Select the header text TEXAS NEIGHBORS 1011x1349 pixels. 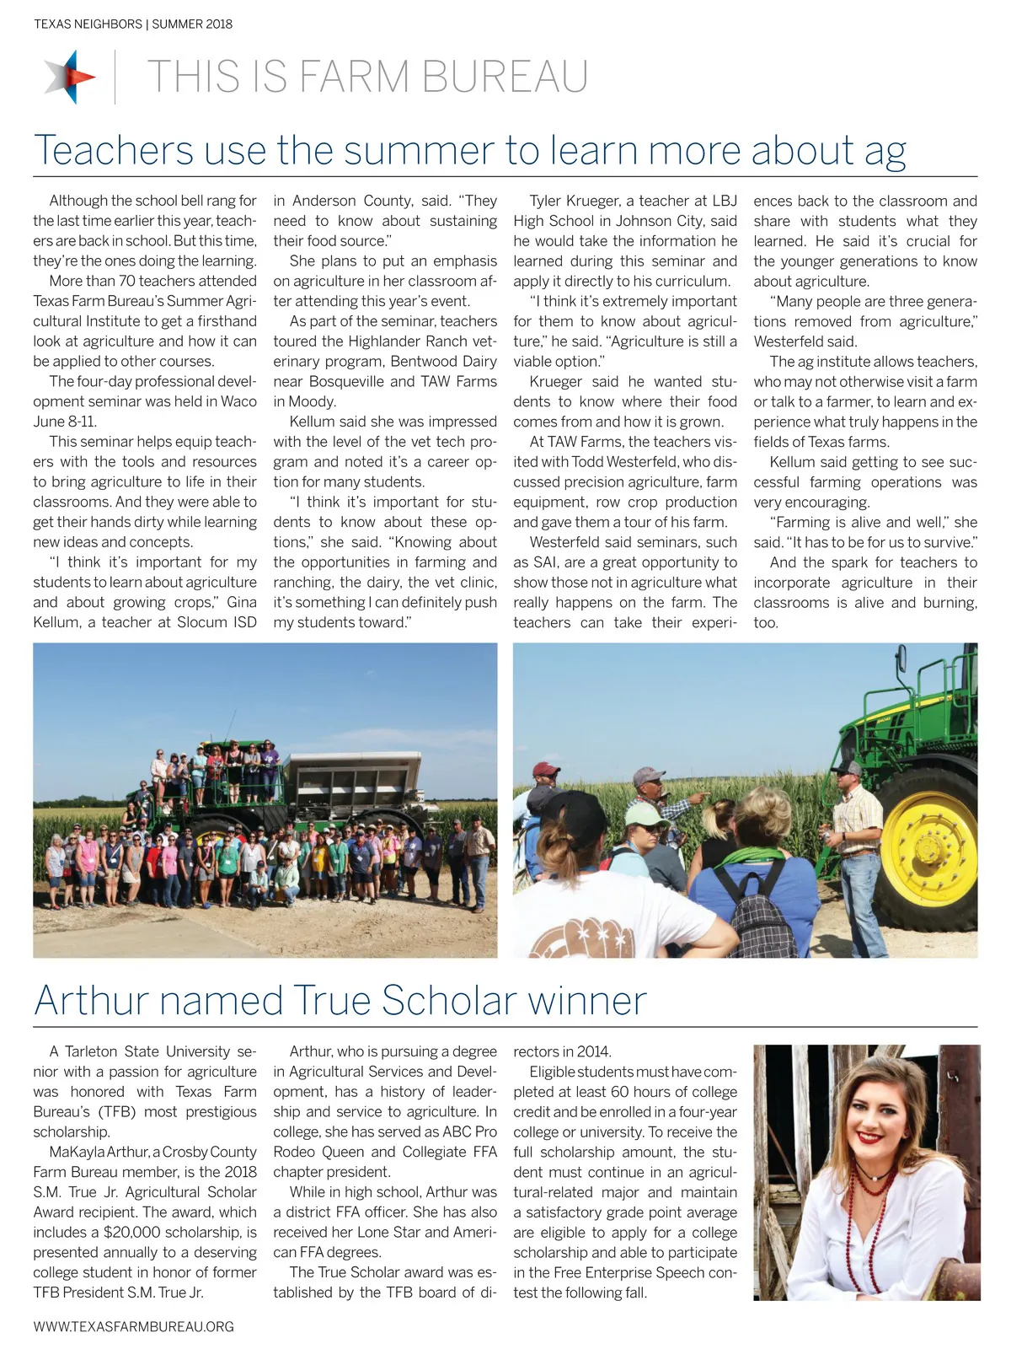(88, 24)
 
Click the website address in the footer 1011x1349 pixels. (133, 1326)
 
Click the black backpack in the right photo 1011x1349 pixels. (755, 911)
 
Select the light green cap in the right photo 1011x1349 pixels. (645, 814)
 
